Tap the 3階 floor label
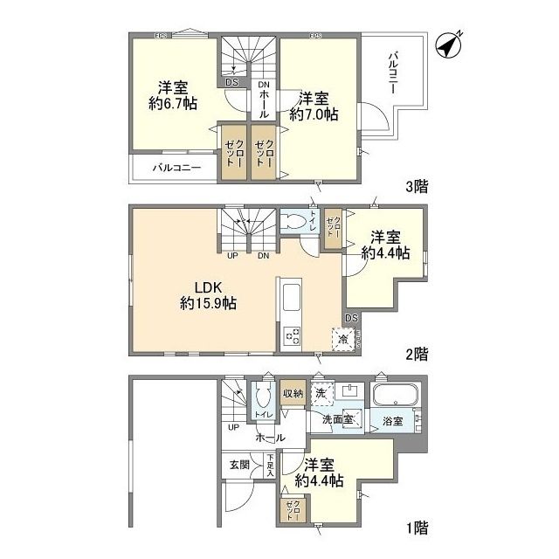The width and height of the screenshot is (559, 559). coord(415,185)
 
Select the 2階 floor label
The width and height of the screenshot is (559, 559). coord(416,354)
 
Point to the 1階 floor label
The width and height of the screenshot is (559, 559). coord(416,527)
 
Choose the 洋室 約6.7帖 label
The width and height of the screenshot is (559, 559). coord(172,95)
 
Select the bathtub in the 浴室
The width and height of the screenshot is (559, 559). coord(397,397)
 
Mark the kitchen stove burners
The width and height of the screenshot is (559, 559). coord(291,335)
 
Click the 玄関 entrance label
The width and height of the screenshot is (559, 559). coord(239,465)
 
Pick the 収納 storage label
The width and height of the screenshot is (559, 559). coord(293,393)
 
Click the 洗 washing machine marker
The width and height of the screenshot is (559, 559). coord(322,395)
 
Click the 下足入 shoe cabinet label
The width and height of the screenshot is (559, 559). coord(271,464)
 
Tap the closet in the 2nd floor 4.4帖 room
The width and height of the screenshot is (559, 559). coord(332,228)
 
